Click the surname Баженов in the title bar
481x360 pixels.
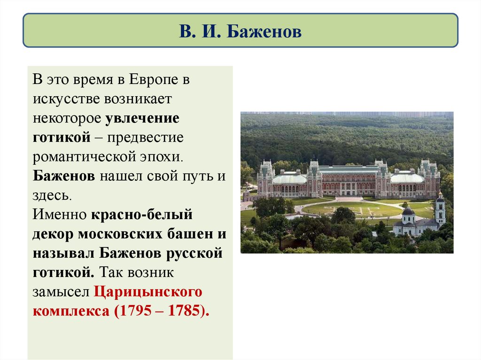[264, 32]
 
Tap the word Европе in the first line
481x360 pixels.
[155, 80]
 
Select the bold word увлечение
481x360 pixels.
[142, 118]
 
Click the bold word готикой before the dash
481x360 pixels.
[61, 138]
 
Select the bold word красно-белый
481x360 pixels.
[142, 215]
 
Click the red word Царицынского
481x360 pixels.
[148, 292]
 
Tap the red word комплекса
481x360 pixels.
[70, 311]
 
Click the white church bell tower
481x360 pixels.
[440, 210]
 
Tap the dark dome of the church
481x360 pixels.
[408, 211]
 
